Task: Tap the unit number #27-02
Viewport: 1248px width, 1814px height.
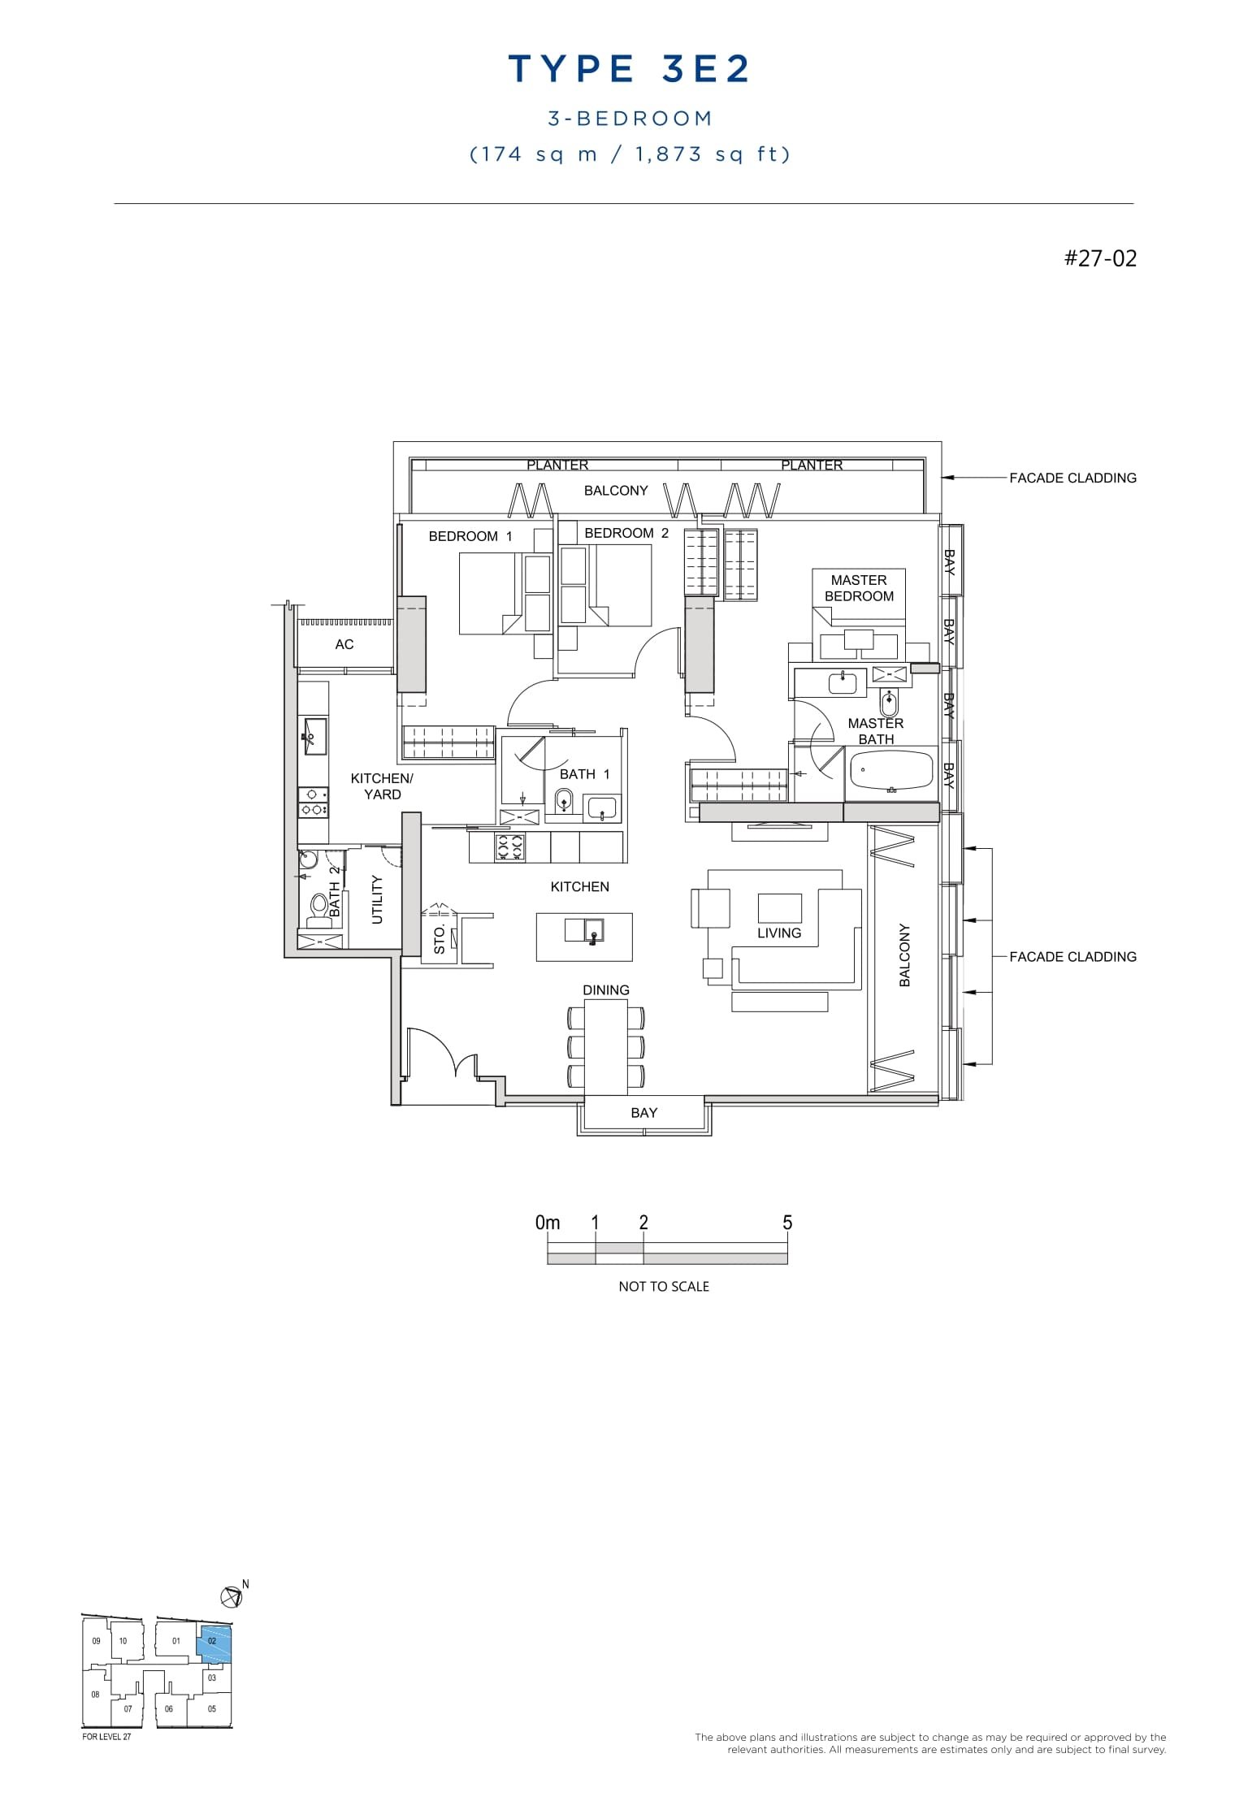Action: pyautogui.click(x=1100, y=259)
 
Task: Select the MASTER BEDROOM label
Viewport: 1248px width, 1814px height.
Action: pyautogui.click(x=859, y=588)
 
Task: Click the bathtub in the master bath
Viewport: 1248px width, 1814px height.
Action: pyautogui.click(x=891, y=770)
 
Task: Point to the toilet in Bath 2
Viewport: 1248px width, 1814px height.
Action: pyautogui.click(x=318, y=907)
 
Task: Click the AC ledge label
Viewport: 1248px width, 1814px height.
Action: pyautogui.click(x=344, y=644)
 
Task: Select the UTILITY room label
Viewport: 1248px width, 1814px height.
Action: pyautogui.click(x=377, y=899)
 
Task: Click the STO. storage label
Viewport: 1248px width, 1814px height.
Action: pyautogui.click(x=440, y=939)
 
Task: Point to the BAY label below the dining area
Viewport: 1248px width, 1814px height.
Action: pyautogui.click(x=643, y=1113)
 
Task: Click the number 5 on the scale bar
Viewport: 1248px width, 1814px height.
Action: pyautogui.click(x=786, y=1223)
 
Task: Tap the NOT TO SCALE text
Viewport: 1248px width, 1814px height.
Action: pyautogui.click(x=664, y=1287)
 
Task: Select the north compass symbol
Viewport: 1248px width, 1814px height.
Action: pyautogui.click(x=232, y=1596)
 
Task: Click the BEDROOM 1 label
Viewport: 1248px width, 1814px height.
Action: pyautogui.click(x=470, y=536)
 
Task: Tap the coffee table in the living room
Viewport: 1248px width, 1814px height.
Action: pyautogui.click(x=779, y=907)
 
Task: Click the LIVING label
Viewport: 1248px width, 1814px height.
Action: pyautogui.click(x=779, y=933)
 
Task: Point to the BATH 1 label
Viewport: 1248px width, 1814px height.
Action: pyautogui.click(x=584, y=774)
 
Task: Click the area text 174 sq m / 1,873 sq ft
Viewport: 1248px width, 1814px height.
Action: pyautogui.click(x=630, y=154)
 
